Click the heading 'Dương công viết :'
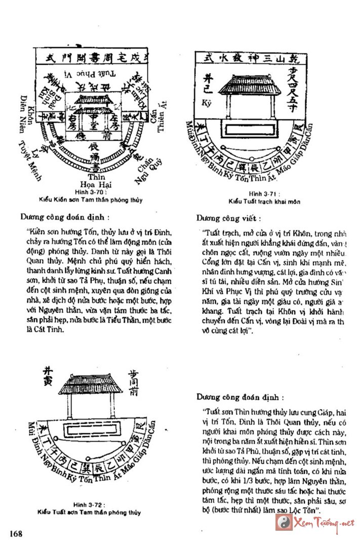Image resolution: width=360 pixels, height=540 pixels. [x=229, y=219]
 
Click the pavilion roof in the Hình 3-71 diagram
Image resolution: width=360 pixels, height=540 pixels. [x=250, y=84]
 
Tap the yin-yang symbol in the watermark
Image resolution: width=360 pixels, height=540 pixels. [x=283, y=522]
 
